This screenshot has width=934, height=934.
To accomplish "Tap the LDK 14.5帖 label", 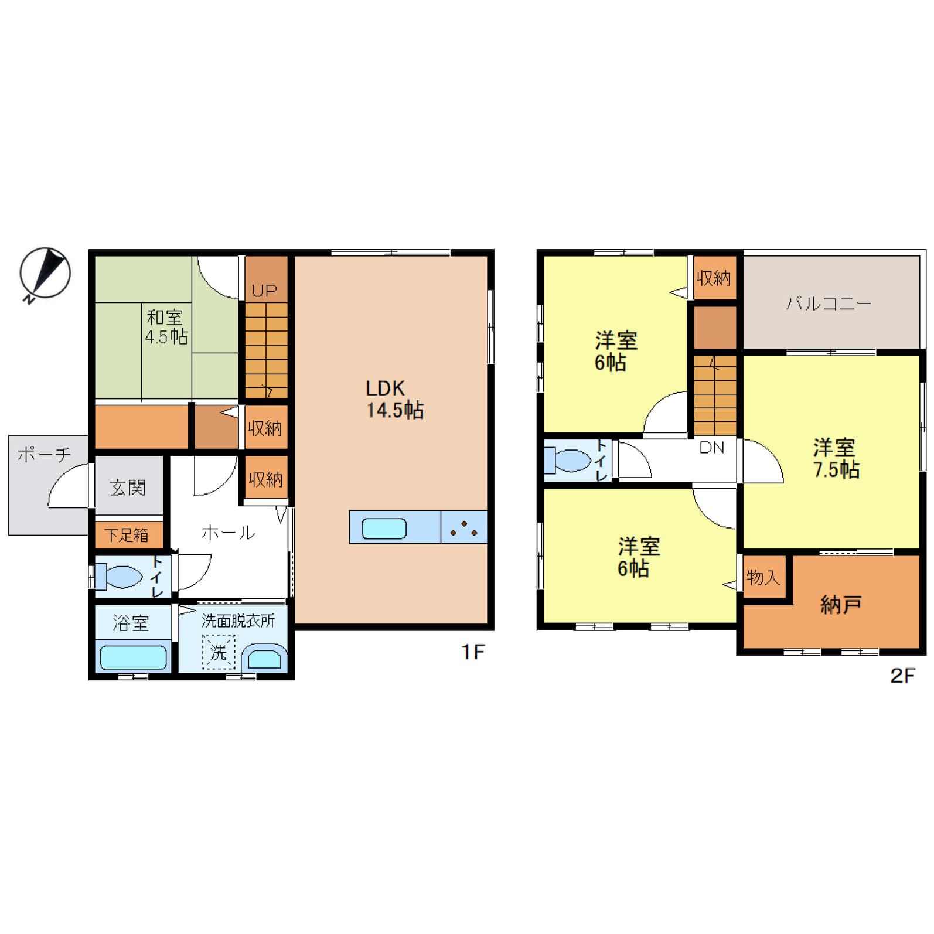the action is [394, 399].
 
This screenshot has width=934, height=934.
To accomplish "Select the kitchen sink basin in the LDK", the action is [384, 529].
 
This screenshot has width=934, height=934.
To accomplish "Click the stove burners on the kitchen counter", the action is [463, 528].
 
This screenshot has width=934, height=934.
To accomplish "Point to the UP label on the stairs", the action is [264, 291].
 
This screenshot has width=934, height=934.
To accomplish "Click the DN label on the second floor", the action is [712, 448].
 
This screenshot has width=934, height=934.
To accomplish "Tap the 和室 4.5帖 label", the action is [166, 327].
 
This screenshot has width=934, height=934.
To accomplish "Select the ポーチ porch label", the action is [44, 454].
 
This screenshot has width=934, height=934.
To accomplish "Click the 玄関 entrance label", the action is [128, 488].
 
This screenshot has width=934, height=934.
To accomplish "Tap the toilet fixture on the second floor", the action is [567, 460].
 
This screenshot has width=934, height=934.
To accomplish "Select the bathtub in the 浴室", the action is [133, 657].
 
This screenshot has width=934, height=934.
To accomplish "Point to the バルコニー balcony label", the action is [829, 304].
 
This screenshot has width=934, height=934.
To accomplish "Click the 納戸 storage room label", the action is [841, 605].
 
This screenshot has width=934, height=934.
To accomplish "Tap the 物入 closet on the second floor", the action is [764, 577].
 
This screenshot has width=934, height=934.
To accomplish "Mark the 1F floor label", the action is [473, 652].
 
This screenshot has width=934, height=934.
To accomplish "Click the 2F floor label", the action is [902, 676].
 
